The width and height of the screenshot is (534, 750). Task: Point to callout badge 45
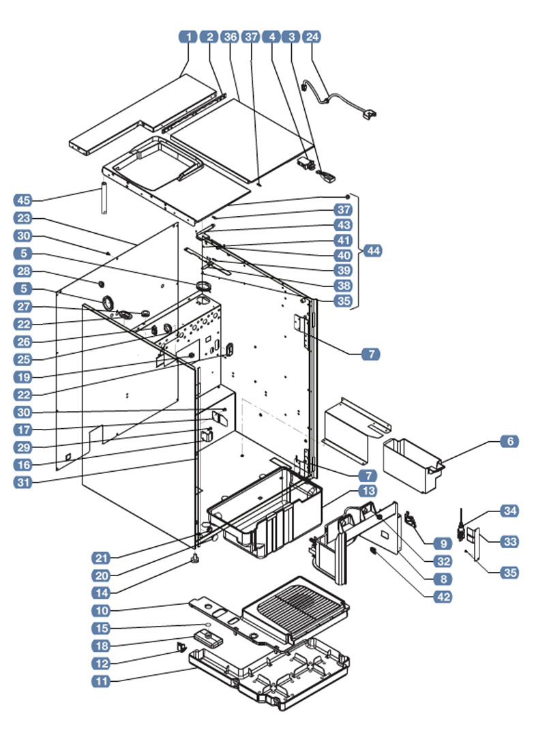pyautogui.click(x=24, y=200)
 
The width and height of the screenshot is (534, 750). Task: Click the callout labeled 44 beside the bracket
pyautogui.click(x=373, y=251)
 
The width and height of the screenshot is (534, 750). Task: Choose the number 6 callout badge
pyautogui.click(x=509, y=441)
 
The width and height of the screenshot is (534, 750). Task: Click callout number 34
pyautogui.click(x=509, y=510)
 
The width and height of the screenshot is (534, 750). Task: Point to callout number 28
pyautogui.click(x=24, y=272)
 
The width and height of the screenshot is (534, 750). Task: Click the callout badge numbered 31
pyautogui.click(x=24, y=481)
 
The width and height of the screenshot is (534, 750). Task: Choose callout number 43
pyautogui.click(x=342, y=224)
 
